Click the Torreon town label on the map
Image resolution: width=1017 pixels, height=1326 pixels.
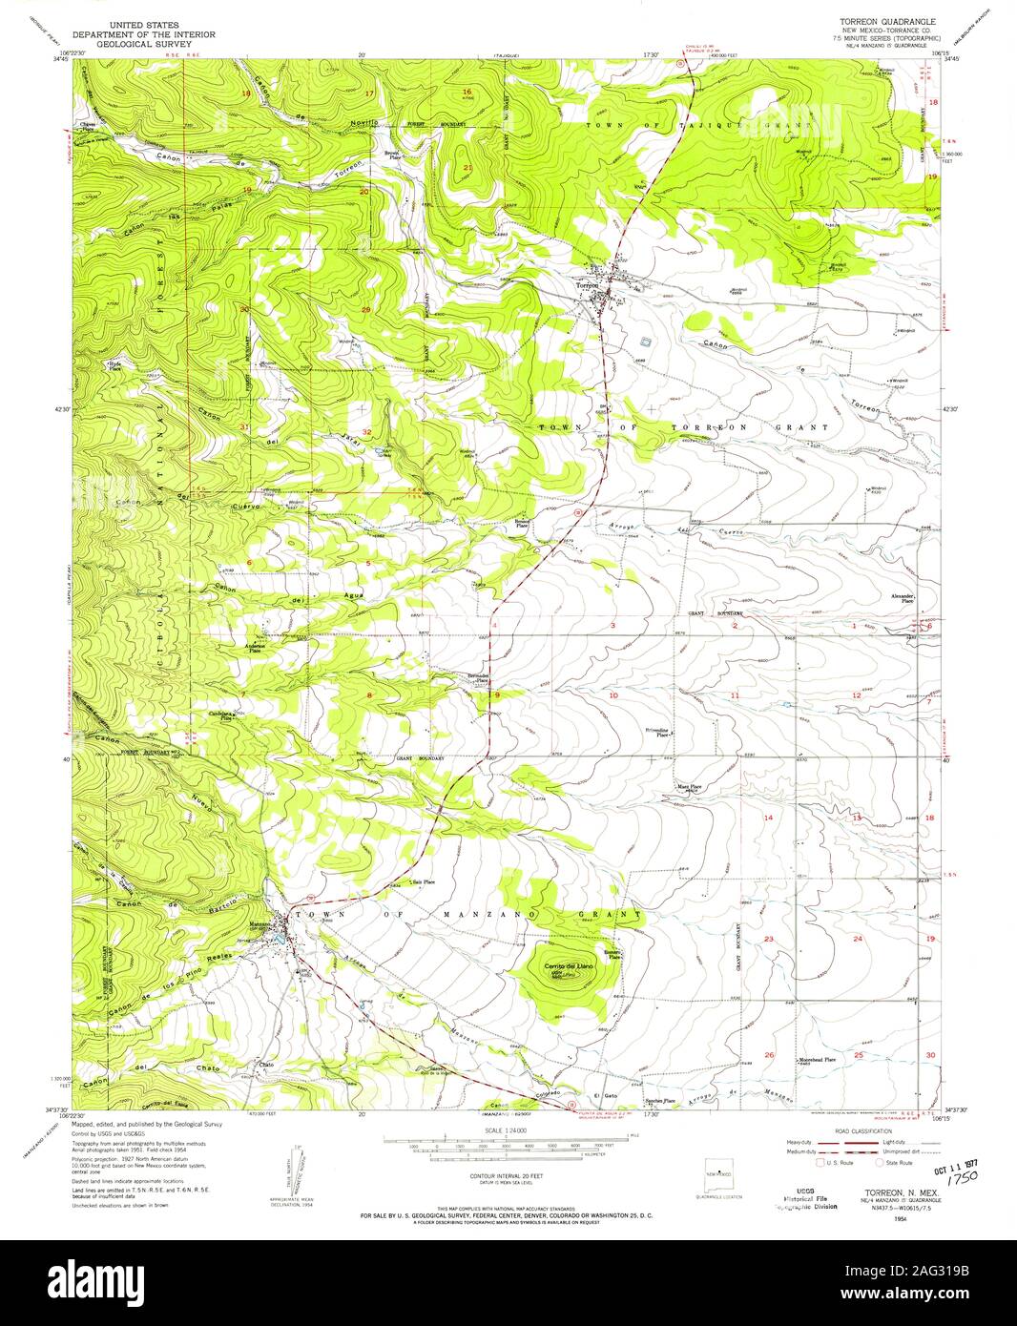tap(586, 284)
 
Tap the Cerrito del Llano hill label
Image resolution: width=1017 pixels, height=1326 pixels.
tap(570, 967)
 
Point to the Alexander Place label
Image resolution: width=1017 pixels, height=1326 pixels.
tap(903, 598)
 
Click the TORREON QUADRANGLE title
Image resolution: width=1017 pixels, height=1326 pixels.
tap(886, 20)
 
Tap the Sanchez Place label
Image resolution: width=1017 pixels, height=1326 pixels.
tap(660, 1101)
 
